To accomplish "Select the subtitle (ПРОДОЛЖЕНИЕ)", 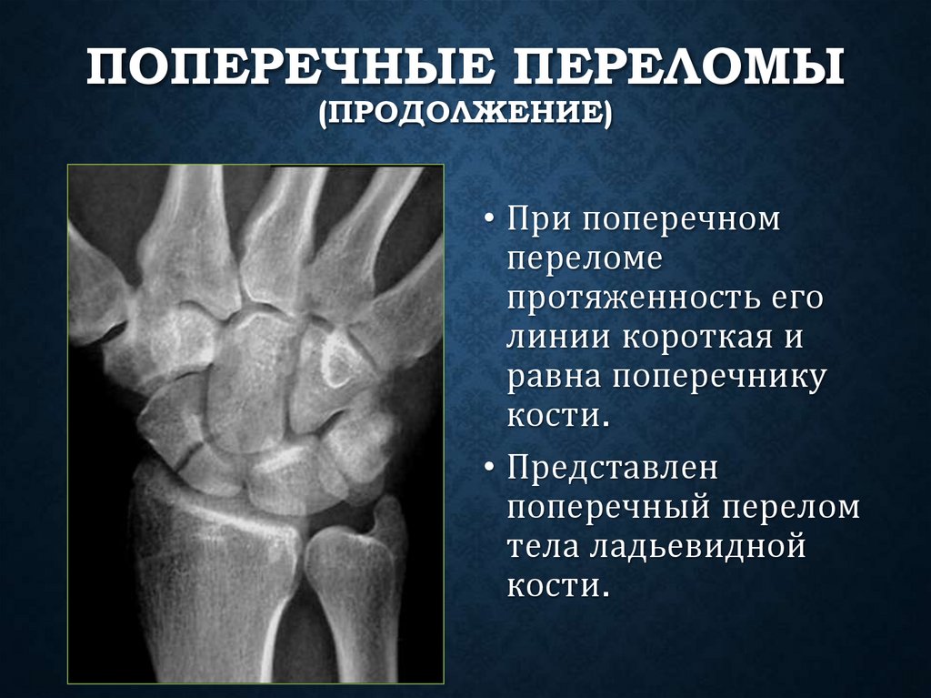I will click(465, 116).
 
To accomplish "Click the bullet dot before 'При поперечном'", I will click(490, 220).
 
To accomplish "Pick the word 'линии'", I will click(558, 338).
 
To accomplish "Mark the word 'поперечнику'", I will click(720, 379).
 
